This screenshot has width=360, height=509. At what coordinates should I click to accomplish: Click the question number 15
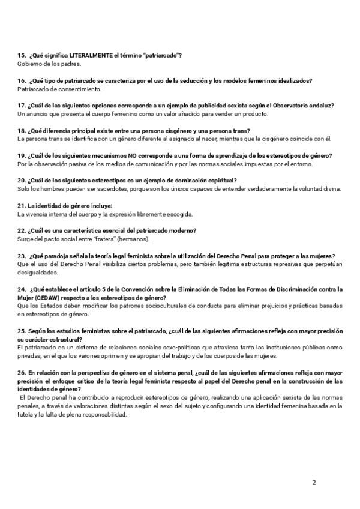(21, 55)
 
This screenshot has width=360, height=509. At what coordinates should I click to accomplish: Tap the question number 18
(21, 131)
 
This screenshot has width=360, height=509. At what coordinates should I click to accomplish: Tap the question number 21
(21, 206)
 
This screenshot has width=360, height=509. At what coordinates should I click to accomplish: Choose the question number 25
(21, 331)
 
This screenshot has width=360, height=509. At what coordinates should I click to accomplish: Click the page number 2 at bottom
(313, 483)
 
